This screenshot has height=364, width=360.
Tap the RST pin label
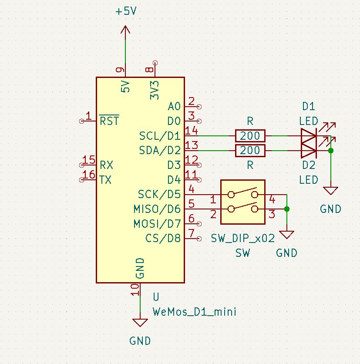click(x=109, y=121)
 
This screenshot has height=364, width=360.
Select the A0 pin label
click(x=174, y=107)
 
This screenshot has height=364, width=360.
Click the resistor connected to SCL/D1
click(x=250, y=136)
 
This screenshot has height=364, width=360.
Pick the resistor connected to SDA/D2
click(x=250, y=151)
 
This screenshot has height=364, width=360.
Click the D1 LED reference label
click(x=309, y=106)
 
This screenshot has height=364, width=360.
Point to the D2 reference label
click(x=309, y=165)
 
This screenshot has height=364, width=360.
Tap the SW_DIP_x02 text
click(x=243, y=238)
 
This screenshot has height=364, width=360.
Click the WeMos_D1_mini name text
click(x=195, y=312)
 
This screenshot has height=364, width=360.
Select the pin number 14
click(x=192, y=130)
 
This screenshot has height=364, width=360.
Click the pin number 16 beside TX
click(x=89, y=175)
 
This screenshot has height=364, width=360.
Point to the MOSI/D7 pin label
click(x=157, y=224)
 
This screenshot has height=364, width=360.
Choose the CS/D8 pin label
click(x=163, y=239)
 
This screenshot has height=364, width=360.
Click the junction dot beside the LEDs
click(x=331, y=151)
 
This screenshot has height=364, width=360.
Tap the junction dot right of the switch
click(x=286, y=209)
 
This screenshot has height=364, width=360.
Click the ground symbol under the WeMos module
click(x=140, y=323)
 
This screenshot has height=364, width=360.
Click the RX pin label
click(x=106, y=165)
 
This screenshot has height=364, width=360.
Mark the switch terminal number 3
click(x=272, y=214)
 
